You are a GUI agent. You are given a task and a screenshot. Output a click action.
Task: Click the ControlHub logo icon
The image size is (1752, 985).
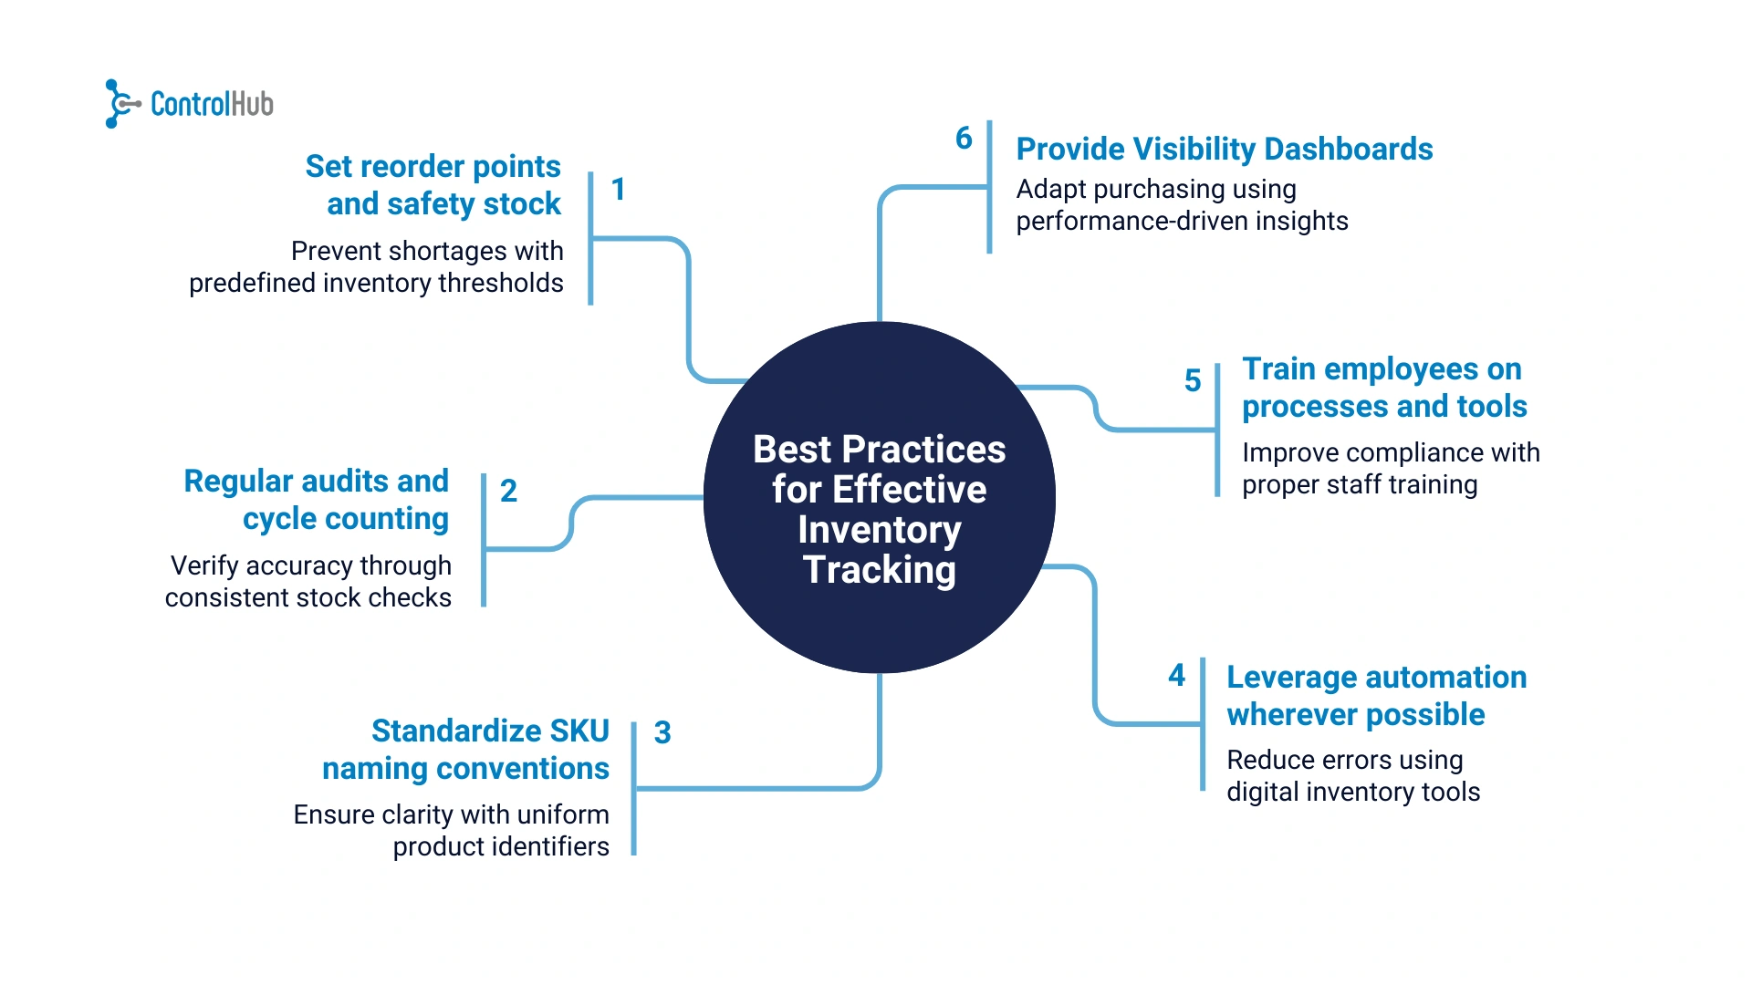(x=121, y=104)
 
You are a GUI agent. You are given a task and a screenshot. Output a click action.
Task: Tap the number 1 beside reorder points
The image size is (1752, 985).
(x=619, y=190)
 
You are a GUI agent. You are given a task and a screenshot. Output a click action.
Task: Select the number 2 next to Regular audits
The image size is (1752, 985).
(x=509, y=492)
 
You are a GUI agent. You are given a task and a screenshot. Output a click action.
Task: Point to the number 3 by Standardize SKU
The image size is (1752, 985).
(x=662, y=733)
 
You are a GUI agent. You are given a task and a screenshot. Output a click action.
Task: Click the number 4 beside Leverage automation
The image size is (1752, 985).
(x=1177, y=676)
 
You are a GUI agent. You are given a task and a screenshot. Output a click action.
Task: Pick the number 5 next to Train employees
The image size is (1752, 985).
(x=1193, y=381)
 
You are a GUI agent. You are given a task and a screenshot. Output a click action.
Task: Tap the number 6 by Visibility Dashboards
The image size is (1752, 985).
(x=964, y=139)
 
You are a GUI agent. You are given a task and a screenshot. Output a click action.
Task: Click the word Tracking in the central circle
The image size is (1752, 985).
(x=880, y=571)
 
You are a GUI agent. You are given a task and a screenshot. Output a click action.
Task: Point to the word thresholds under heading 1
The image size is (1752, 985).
(x=501, y=284)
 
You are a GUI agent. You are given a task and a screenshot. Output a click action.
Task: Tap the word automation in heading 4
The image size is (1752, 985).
(x=1446, y=678)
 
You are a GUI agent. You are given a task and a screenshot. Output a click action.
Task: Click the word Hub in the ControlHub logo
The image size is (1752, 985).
(x=253, y=105)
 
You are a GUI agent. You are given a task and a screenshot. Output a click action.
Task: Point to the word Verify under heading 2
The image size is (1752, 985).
(x=204, y=566)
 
